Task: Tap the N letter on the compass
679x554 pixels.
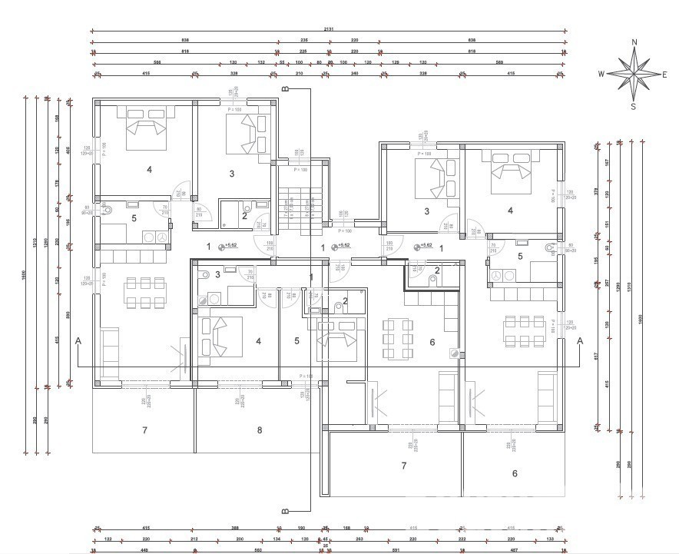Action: [634, 43]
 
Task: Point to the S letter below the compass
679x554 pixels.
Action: [634, 107]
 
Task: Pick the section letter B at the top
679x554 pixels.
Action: [285, 90]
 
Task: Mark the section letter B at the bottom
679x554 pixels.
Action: [285, 510]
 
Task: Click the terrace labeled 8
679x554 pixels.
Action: [260, 430]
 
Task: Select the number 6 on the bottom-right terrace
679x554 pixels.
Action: [515, 473]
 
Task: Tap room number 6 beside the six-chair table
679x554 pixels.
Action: [432, 342]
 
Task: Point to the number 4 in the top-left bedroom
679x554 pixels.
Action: [149, 169]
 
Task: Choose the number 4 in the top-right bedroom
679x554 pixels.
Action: [510, 210]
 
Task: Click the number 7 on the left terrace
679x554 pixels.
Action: [144, 430]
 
